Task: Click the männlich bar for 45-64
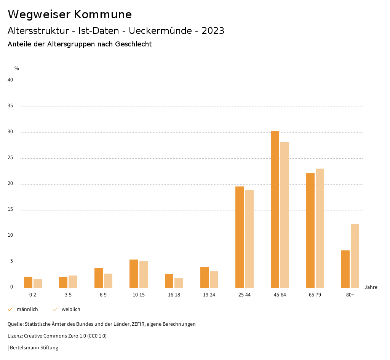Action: [x=275, y=209]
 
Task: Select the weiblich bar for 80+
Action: [x=355, y=256]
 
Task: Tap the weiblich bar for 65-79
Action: [x=320, y=228]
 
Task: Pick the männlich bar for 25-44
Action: [x=240, y=237]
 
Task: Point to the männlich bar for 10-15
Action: [x=134, y=274]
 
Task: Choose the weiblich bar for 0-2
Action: [x=38, y=284]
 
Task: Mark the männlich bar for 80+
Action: [x=345, y=269]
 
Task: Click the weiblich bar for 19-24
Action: [x=214, y=280]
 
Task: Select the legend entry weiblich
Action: [x=71, y=309]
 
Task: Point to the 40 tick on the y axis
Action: [x=10, y=80]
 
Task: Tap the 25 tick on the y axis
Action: [x=10, y=158]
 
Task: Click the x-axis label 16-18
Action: [x=174, y=295]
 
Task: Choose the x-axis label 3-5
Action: [x=68, y=295]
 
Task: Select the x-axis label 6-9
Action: [x=103, y=295]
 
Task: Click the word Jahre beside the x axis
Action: [x=371, y=287]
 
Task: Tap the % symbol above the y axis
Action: [x=17, y=68]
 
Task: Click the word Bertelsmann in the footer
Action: [x=23, y=348]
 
